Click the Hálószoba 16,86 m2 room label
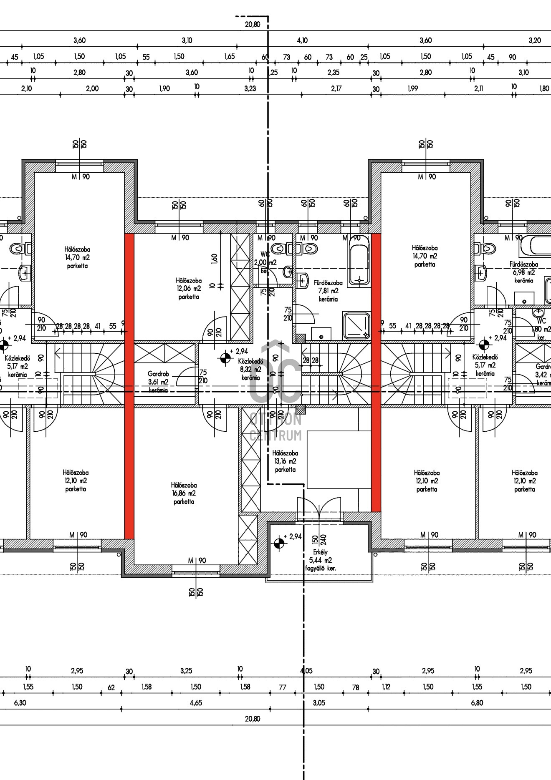click(x=184, y=493)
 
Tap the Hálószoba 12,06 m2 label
click(x=189, y=289)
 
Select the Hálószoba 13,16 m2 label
click(x=285, y=461)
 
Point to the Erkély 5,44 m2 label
click(x=320, y=560)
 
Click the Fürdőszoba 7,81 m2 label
click(x=328, y=291)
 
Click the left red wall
click(x=129, y=386)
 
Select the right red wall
click(x=376, y=371)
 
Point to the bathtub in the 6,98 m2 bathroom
click(x=535, y=246)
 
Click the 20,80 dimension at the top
click(x=253, y=25)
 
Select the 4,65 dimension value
click(x=196, y=703)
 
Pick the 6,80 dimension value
click(x=477, y=703)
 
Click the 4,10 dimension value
click(x=302, y=40)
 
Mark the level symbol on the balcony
click(x=279, y=543)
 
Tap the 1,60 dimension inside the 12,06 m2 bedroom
click(x=215, y=259)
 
